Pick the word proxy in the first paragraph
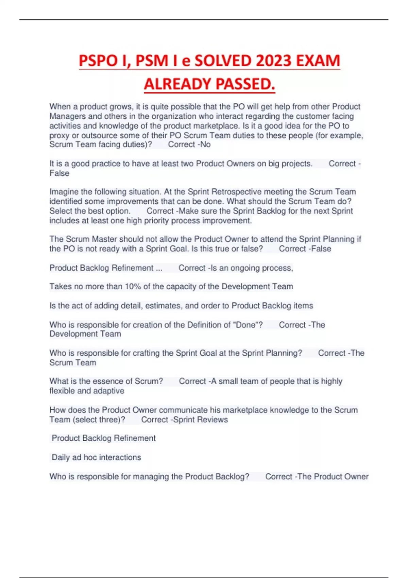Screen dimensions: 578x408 [x=59, y=135]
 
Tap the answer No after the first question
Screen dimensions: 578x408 [x=205, y=144]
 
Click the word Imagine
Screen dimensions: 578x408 [x=64, y=192]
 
